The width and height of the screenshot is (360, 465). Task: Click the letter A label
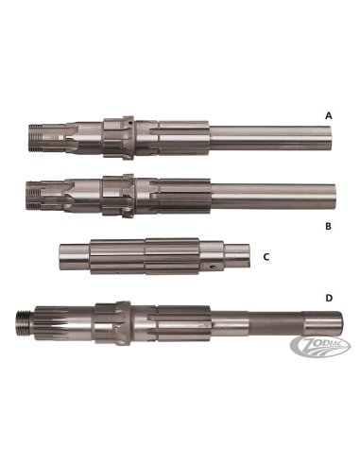click(x=329, y=115)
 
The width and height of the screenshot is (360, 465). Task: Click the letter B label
click(x=328, y=226)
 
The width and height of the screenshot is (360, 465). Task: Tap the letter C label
click(x=266, y=257)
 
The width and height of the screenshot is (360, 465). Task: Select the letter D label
click(x=329, y=298)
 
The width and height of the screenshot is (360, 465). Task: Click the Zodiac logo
click(x=320, y=346)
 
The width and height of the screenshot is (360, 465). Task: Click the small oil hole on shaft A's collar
click(x=129, y=124)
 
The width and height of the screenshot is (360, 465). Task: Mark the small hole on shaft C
click(x=214, y=267)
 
